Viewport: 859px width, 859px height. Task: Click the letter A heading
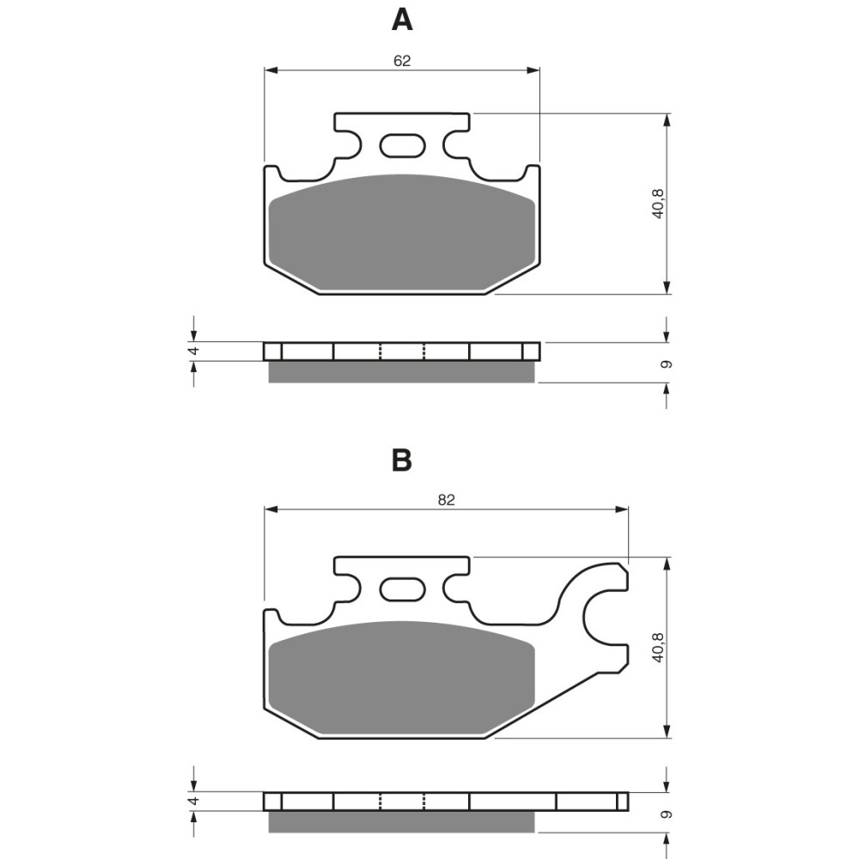(402, 19)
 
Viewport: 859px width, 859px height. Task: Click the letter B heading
(402, 461)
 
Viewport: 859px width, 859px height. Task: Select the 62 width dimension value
(402, 60)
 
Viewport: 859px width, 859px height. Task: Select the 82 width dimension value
(445, 500)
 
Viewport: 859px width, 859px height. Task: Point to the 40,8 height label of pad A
(658, 204)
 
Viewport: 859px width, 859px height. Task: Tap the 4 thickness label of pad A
(194, 350)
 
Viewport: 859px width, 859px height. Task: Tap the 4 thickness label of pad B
(194, 801)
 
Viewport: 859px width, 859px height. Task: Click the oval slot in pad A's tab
(402, 146)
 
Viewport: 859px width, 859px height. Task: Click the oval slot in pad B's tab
(402, 590)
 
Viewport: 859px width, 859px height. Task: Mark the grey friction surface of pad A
(402, 232)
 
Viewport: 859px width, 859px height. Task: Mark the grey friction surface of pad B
(402, 679)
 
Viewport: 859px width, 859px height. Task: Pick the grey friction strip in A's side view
(402, 371)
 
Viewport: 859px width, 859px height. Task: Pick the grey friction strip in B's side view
(402, 821)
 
